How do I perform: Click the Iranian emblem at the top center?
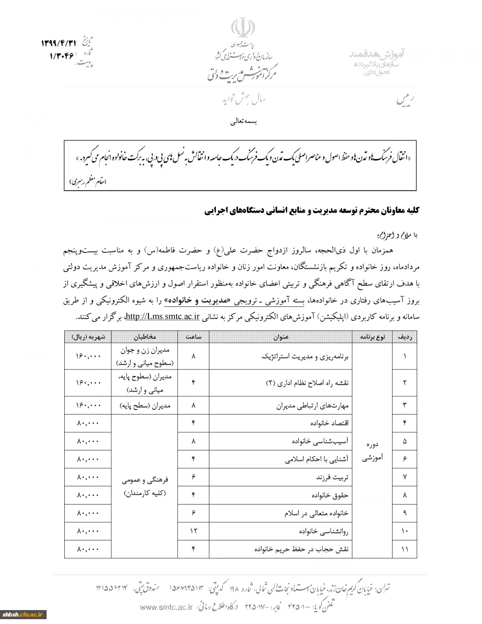click(x=240, y=28)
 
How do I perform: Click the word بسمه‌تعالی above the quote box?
click(x=244, y=122)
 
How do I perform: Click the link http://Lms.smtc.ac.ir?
click(x=162, y=316)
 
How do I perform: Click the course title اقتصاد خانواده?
click(x=332, y=423)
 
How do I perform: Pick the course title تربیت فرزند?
click(x=333, y=477)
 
